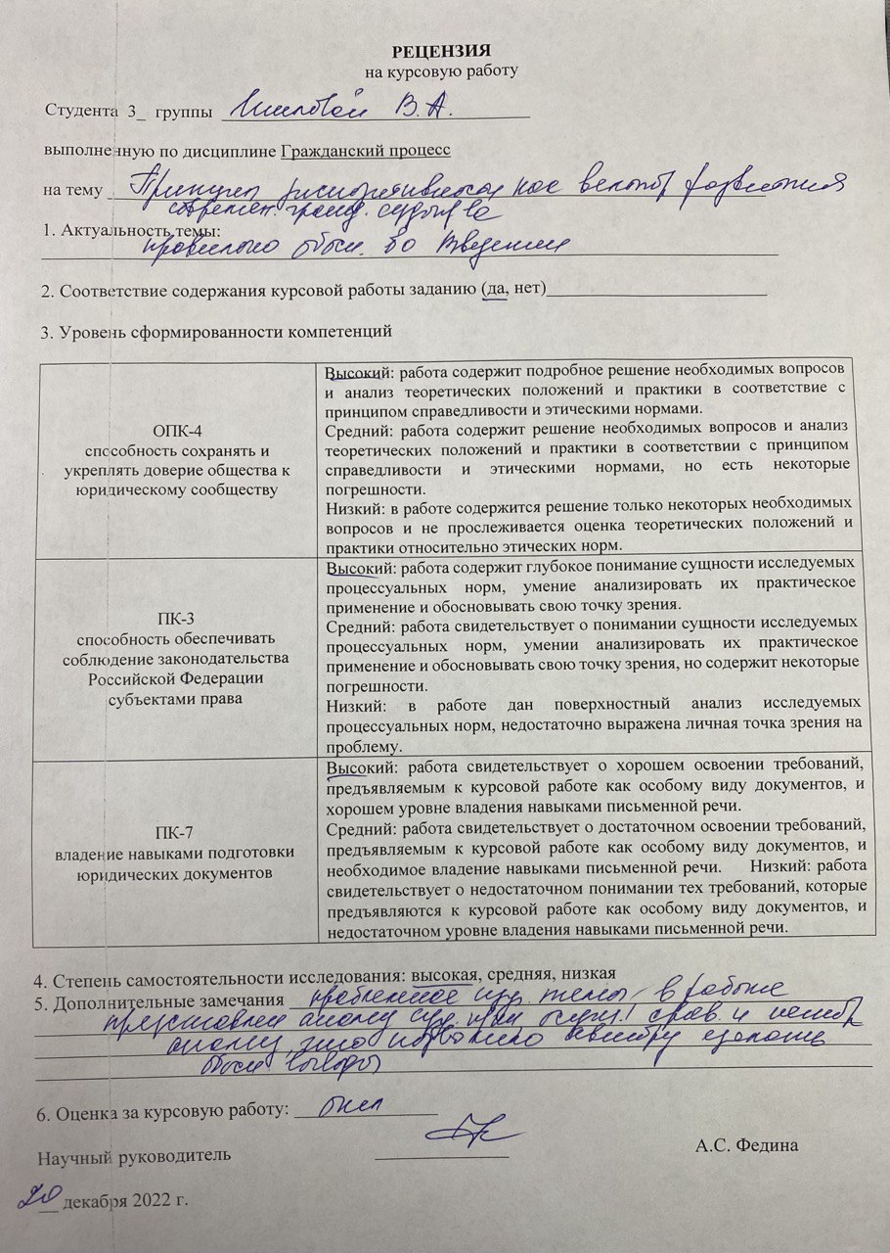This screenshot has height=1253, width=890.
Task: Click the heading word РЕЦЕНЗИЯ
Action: [441, 50]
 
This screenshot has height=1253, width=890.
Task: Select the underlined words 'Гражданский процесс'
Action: [366, 151]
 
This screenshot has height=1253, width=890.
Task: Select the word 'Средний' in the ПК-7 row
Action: [354, 827]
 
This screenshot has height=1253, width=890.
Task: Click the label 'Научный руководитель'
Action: [134, 1155]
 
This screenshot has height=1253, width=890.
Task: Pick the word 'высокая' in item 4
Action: [440, 974]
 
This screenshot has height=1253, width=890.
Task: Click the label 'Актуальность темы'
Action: [138, 230]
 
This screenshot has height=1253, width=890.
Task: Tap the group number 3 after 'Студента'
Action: [131, 111]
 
